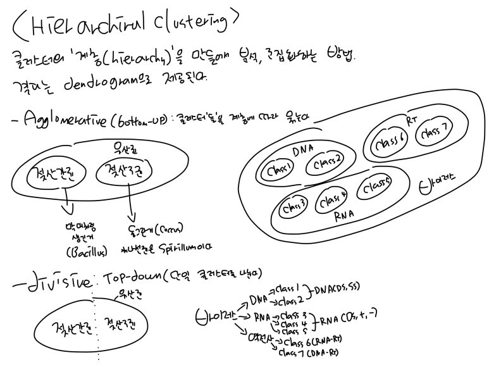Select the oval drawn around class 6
click(x=389, y=143)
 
